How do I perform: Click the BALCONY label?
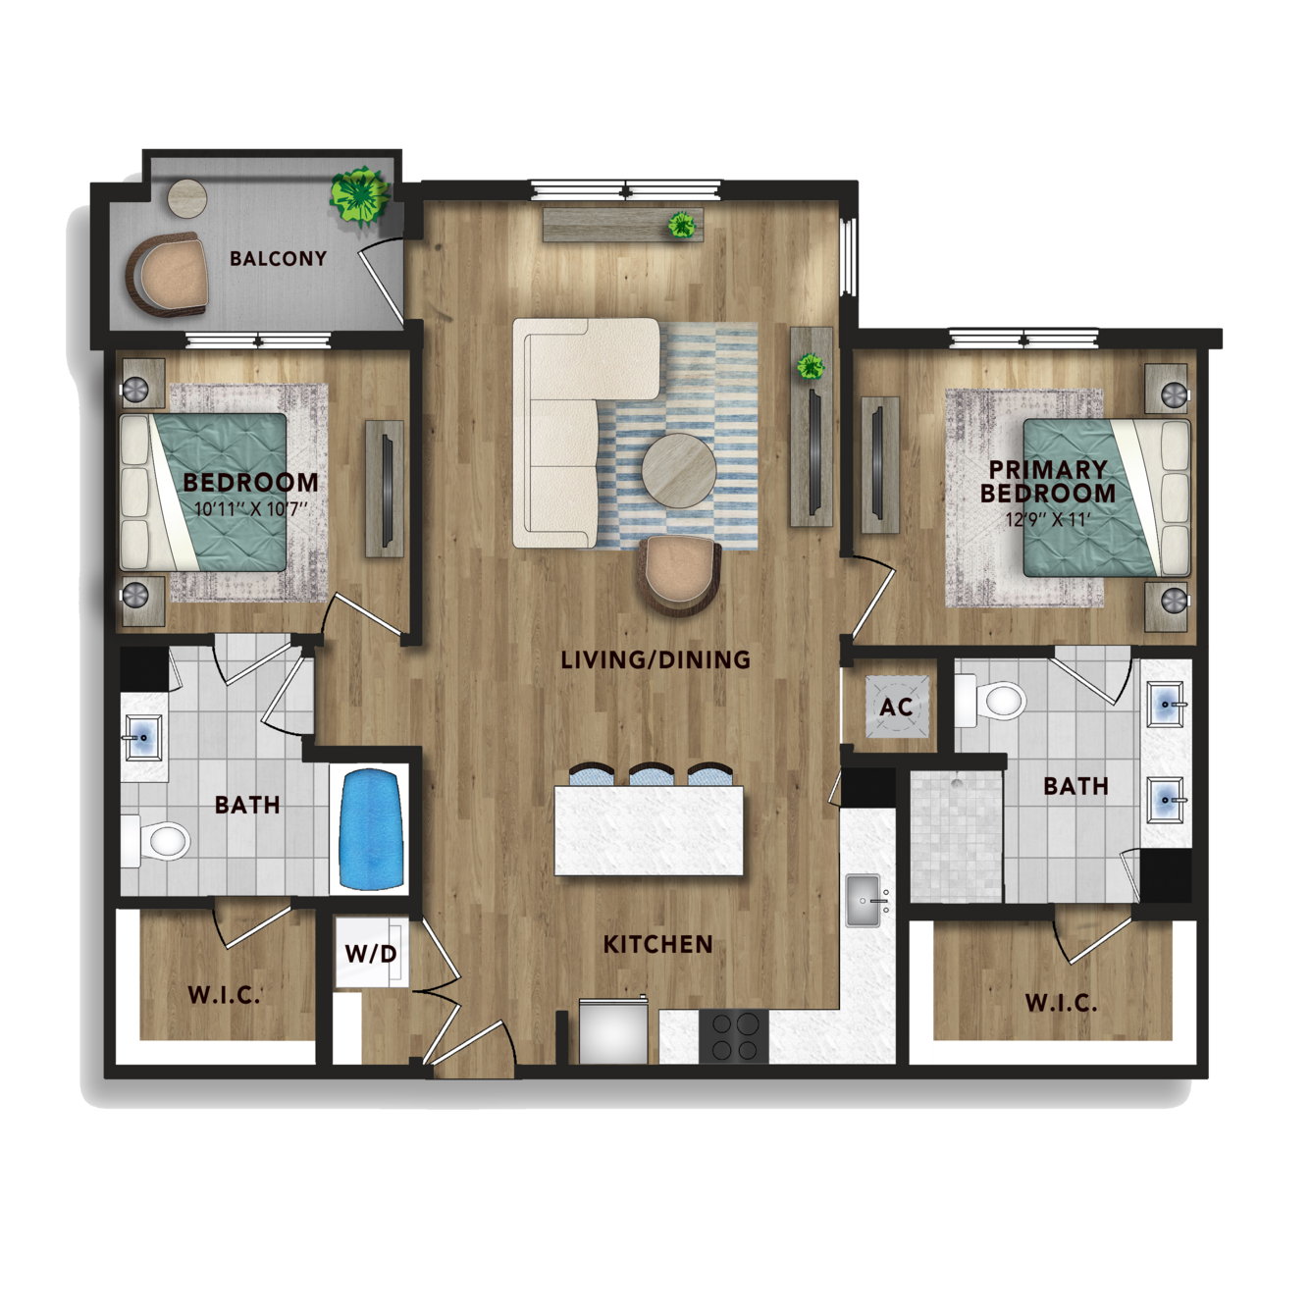point(279,258)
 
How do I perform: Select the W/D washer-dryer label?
point(371,953)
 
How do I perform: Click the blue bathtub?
point(371,829)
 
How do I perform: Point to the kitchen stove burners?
point(734,1037)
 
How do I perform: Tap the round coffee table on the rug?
point(678,470)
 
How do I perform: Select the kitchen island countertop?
point(649,830)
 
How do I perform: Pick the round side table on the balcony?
point(187,198)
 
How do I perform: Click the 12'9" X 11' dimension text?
point(1048,519)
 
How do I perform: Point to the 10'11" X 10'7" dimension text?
point(251,508)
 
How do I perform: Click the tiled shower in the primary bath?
point(956,835)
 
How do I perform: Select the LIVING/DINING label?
point(655,659)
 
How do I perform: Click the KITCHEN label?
point(657,944)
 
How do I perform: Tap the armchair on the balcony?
point(167,274)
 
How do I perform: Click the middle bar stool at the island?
point(652,774)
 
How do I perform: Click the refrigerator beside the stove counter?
point(613,1031)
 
